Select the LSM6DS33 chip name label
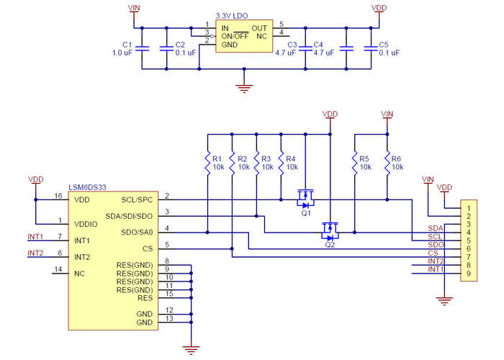pos(89,187)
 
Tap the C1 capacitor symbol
pos(142,48)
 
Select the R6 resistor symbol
pos(387,162)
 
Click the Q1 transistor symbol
pos(307,195)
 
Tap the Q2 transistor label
pos(330,245)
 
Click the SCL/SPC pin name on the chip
pos(137,199)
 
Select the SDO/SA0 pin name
pos(137,232)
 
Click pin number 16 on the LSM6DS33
pos(58,195)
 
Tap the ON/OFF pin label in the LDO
pos(235,35)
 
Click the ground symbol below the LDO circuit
pos(245,88)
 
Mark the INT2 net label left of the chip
pos(35,253)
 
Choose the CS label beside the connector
pos(433,253)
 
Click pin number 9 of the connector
pos(467,274)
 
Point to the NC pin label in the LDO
pos(261,35)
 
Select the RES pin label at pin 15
pos(145,297)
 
